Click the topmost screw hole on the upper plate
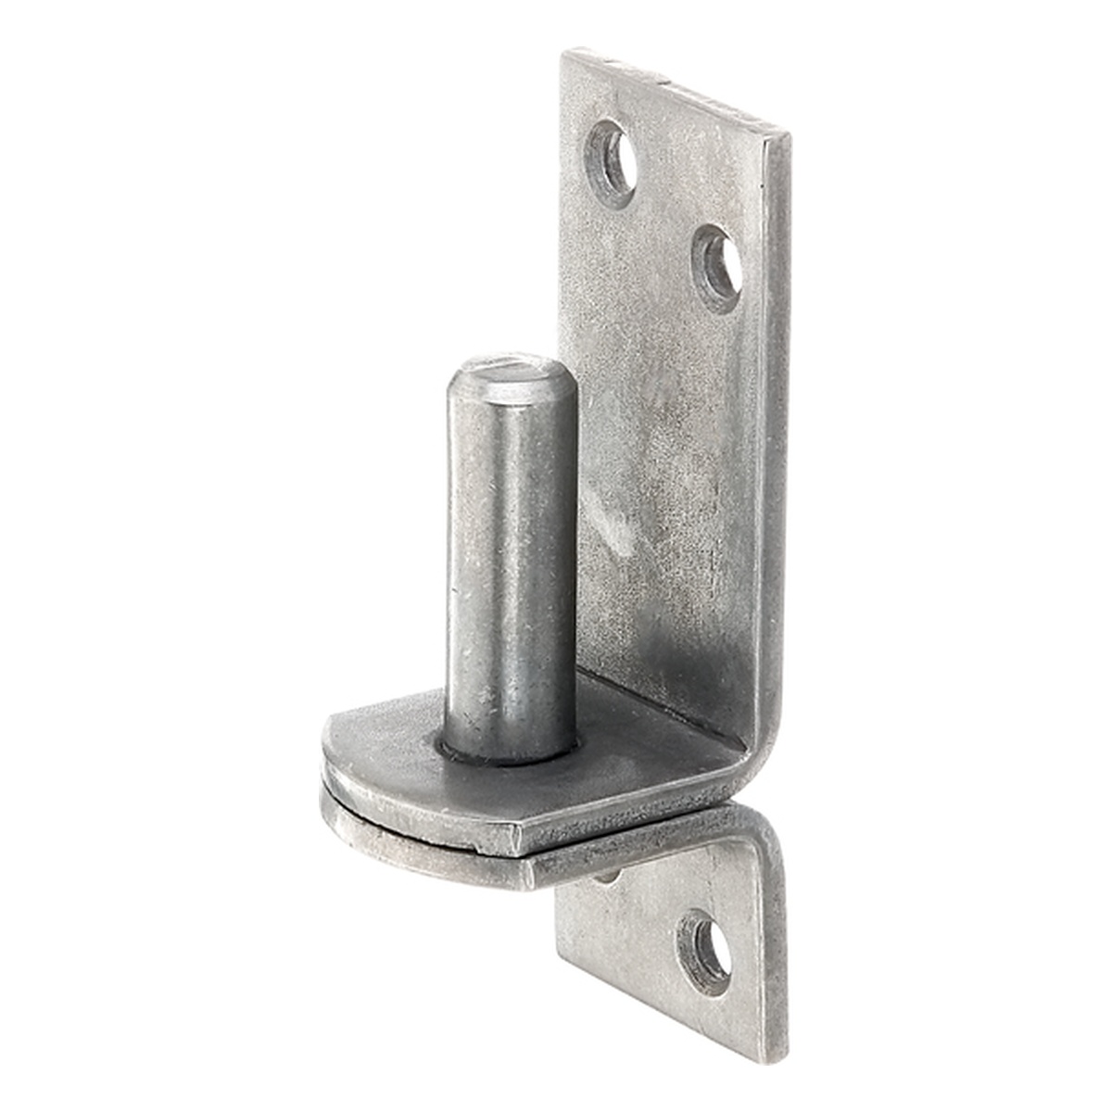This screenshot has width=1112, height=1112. click(x=611, y=163)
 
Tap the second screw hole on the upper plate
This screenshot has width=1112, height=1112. click(x=719, y=267)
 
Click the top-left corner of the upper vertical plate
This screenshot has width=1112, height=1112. click(x=566, y=54)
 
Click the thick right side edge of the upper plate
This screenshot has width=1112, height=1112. click(x=778, y=417)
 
